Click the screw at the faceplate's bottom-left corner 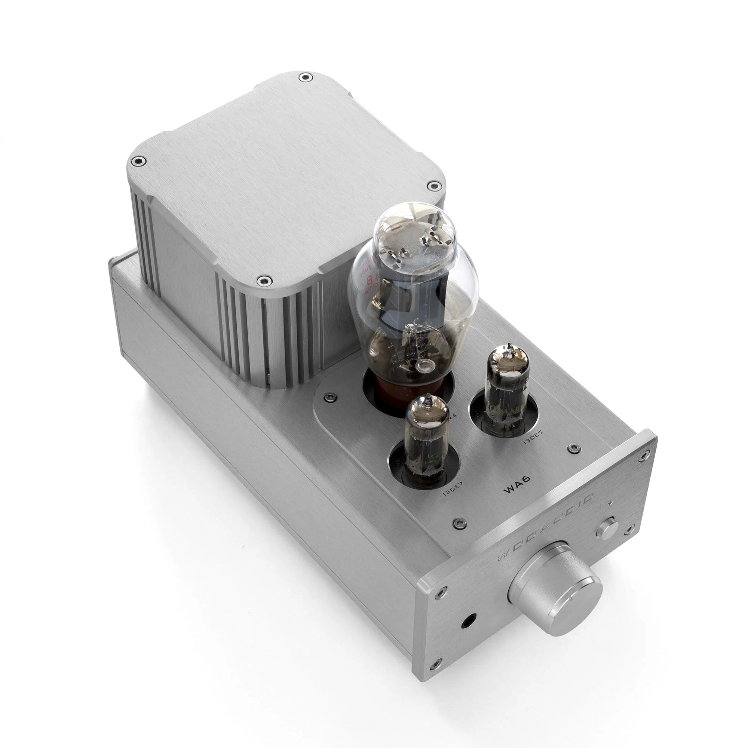[x=438, y=705]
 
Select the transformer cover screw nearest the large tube [x=264, y=281]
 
